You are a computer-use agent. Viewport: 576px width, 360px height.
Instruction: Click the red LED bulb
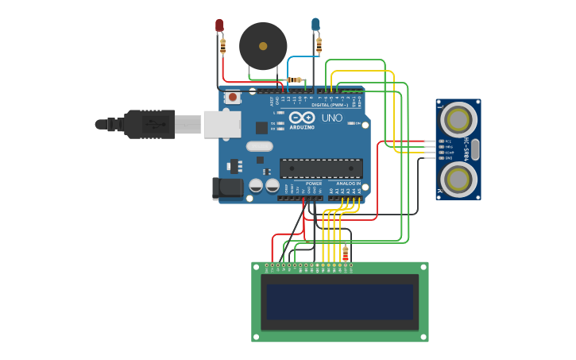[x=220, y=25]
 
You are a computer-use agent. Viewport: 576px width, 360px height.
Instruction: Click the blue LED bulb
[x=315, y=25]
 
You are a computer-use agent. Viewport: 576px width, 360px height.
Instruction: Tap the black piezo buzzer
[x=263, y=46]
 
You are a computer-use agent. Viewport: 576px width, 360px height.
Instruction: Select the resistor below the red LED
[x=223, y=47]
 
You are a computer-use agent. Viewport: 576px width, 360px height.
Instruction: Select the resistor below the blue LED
[x=319, y=45]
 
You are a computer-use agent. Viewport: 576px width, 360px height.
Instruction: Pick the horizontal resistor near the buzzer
[x=296, y=79]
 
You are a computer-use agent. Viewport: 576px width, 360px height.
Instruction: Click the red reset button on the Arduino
[x=233, y=98]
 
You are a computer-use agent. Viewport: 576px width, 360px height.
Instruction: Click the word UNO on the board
[x=331, y=118]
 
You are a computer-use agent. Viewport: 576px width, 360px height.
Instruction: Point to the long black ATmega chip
[x=321, y=168]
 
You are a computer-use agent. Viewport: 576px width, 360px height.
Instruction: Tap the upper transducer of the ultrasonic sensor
[x=458, y=119]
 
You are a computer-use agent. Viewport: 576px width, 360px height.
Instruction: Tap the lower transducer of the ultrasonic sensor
[x=458, y=180]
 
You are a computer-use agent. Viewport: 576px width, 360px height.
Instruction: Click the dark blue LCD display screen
[x=340, y=302]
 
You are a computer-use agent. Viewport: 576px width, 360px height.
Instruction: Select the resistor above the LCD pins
[x=346, y=254]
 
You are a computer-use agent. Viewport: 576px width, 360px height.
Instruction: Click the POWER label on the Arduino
[x=314, y=184]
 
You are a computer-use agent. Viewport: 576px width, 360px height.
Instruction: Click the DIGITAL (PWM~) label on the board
[x=329, y=105]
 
